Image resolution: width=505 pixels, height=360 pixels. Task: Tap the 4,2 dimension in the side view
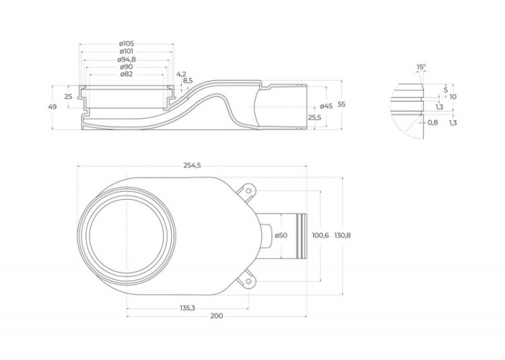point(181,73)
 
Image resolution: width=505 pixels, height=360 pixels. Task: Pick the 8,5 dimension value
point(188,81)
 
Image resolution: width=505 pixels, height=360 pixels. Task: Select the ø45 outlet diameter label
point(326,106)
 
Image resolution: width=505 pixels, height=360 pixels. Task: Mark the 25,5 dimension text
point(314,118)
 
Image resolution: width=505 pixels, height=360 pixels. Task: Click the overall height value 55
point(341,104)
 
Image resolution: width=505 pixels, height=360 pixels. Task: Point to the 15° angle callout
point(421,67)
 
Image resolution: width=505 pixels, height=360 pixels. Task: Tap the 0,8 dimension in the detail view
point(433,122)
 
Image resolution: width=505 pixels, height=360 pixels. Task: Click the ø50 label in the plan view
point(281,235)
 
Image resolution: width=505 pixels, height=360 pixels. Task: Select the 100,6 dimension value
point(321,235)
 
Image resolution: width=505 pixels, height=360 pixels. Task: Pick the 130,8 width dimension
point(342,235)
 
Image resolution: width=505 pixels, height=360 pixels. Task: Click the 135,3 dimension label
point(187,308)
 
